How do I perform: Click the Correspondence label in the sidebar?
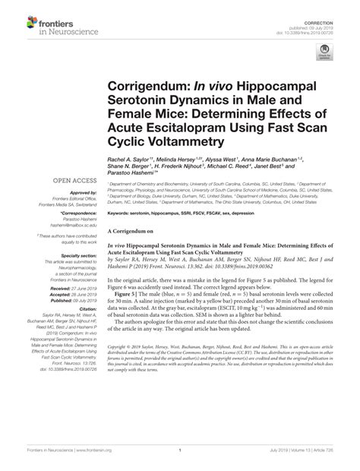click(x=80, y=222)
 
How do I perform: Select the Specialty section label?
click(x=79, y=257)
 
